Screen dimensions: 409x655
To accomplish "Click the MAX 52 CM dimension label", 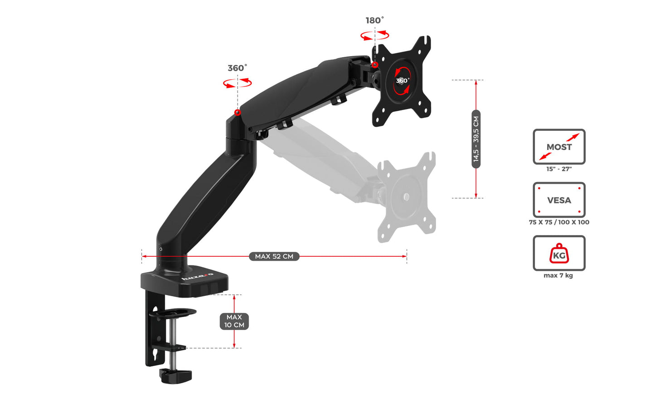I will tap(274, 256).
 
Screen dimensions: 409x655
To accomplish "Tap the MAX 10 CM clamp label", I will tap(234, 321).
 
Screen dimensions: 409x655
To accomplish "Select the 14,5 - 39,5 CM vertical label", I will tap(475, 139).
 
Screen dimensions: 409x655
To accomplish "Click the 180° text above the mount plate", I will tap(374, 20).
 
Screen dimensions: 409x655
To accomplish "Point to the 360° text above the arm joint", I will tap(237, 68).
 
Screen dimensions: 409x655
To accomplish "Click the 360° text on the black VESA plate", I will tap(402, 81).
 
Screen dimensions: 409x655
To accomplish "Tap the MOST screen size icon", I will tap(559, 147).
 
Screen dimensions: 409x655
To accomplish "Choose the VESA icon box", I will tap(559, 200).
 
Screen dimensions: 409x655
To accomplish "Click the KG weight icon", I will tap(559, 253).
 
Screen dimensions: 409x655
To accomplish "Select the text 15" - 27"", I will tap(559, 169).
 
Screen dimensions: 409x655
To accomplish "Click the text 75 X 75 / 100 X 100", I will tap(559, 222).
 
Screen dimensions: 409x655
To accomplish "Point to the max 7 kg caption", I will tap(558, 275).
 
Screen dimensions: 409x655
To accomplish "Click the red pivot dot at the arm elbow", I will tap(238, 112).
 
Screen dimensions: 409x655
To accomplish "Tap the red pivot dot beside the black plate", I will tap(375, 65).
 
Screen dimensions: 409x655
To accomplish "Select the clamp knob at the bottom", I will tap(175, 375).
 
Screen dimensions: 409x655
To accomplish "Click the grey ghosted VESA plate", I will tap(407, 197).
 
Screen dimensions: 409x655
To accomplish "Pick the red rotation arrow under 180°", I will tap(374, 35).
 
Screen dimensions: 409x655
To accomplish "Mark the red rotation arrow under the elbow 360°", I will tap(237, 83).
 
